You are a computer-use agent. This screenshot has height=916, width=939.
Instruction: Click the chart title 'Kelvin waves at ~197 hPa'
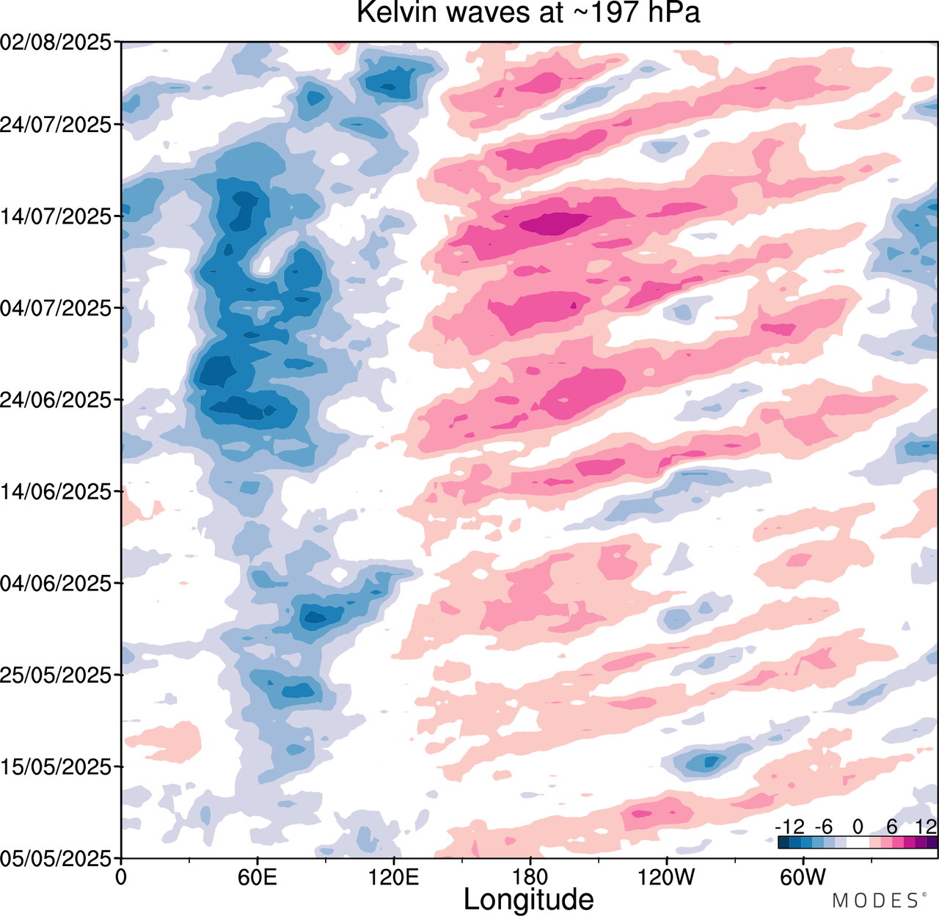pyautogui.click(x=528, y=13)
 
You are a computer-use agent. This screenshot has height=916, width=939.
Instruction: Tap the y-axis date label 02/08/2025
pyautogui.click(x=56, y=43)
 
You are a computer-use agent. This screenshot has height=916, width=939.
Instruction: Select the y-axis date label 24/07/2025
pyautogui.click(x=56, y=125)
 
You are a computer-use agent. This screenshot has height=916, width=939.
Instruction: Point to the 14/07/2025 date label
pyautogui.click(x=56, y=216)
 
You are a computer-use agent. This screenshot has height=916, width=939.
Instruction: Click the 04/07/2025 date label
pyautogui.click(x=56, y=308)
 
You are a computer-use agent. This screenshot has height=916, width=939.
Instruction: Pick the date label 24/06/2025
pyautogui.click(x=56, y=400)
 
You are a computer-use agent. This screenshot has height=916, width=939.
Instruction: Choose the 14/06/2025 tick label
pyautogui.click(x=56, y=491)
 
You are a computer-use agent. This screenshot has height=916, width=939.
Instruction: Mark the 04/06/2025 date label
pyautogui.click(x=56, y=583)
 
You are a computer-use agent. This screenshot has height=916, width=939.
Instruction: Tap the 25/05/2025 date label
pyautogui.click(x=56, y=675)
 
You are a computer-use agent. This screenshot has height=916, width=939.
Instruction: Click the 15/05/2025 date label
pyautogui.click(x=56, y=766)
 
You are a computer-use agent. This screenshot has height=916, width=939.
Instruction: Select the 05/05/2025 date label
pyautogui.click(x=56, y=857)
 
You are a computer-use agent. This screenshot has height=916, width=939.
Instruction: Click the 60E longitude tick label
pyautogui.click(x=257, y=876)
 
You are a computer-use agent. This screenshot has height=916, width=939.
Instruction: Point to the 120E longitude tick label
pyautogui.click(x=394, y=876)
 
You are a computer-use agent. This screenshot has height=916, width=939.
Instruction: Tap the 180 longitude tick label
pyautogui.click(x=530, y=876)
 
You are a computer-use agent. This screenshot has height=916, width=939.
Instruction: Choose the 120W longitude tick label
pyautogui.click(x=667, y=876)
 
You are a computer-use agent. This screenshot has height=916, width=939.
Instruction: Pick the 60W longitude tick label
pyautogui.click(x=803, y=876)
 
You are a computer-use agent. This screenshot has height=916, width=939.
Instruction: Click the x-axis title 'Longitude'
pyautogui.click(x=528, y=899)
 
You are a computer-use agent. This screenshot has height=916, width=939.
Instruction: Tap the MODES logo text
pyautogui.click(x=874, y=901)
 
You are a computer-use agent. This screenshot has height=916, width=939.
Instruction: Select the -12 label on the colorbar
pyautogui.click(x=789, y=827)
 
